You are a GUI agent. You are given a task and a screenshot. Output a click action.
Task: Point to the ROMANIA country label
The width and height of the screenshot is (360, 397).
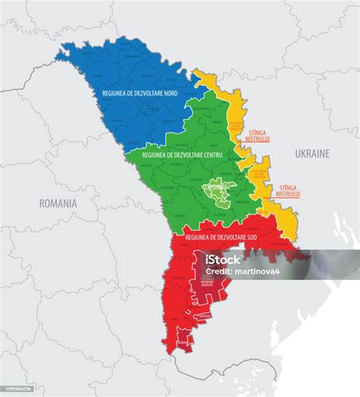[x=58, y=203]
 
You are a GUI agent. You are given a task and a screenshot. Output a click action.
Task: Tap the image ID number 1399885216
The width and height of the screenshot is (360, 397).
[x=18, y=389]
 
